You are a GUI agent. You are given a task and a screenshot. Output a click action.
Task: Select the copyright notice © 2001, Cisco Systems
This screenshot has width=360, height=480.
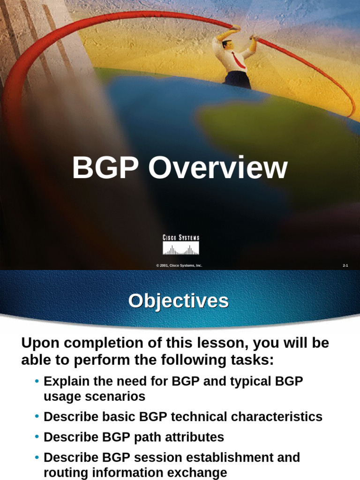click(x=179, y=265)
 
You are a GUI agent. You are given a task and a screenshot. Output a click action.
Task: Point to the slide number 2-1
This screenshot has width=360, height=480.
click(x=345, y=265)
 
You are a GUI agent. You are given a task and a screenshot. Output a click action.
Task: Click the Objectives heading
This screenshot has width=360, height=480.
click(x=179, y=301)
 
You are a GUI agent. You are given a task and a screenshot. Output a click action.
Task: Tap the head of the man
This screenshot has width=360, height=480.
click(x=227, y=45)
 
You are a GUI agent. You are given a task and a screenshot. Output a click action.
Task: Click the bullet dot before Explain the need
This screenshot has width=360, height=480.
click(x=37, y=381)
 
